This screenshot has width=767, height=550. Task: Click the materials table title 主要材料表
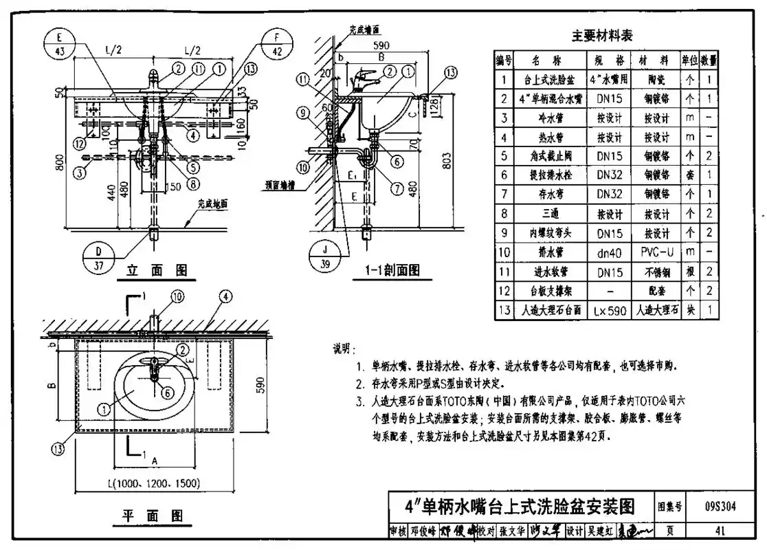click(602, 36)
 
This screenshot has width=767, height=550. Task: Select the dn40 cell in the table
click(609, 252)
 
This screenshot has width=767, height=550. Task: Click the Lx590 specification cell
click(609, 311)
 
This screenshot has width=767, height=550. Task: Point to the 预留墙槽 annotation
click(283, 184)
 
